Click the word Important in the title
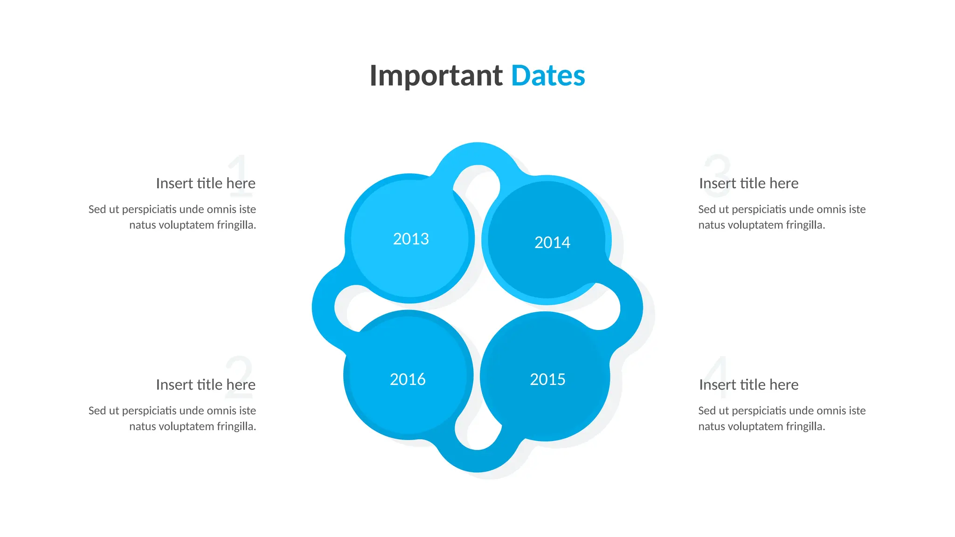pos(436,76)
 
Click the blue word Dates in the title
pos(548,76)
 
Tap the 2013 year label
pos(411,239)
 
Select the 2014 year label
pos(552,242)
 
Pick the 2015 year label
pos(547,379)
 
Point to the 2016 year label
pos(408,379)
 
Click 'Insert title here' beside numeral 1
pos(206,183)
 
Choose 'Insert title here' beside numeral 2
pos(206,385)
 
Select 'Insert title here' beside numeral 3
pos(748,183)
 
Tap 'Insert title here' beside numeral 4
pos(748,385)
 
